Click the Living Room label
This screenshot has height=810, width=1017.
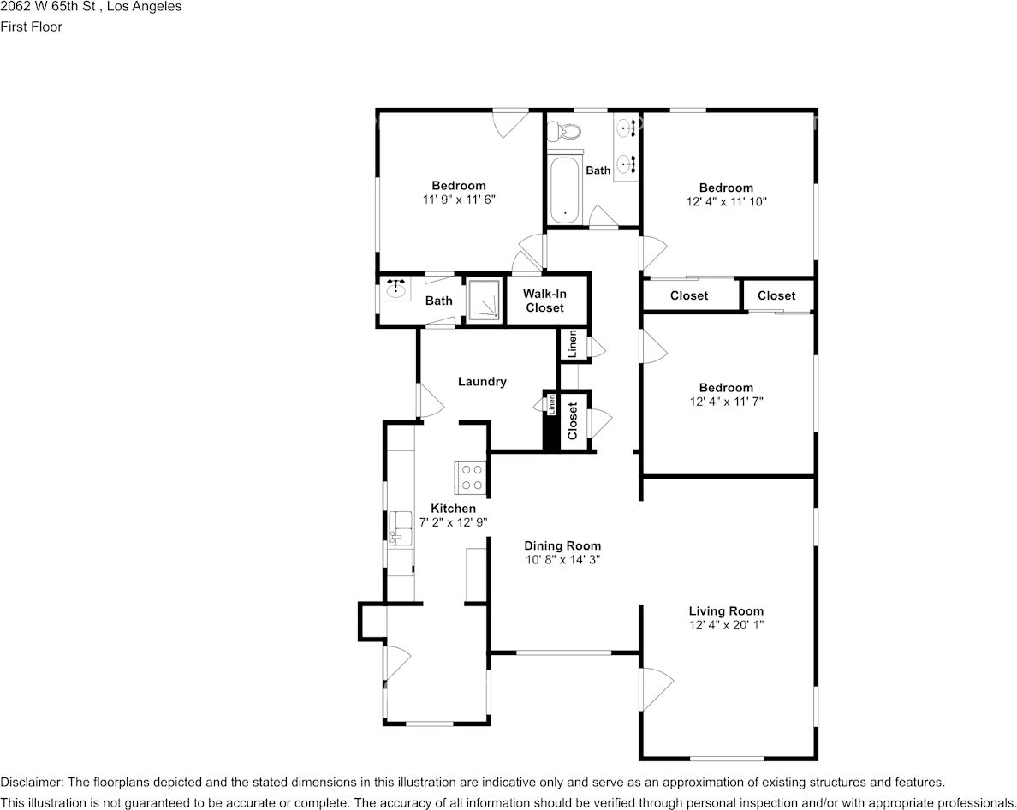coord(726,611)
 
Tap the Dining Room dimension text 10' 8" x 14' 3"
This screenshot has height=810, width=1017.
coord(562,560)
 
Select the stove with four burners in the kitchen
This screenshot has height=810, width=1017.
coord(472,477)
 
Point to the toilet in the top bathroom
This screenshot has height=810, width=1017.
coord(564,132)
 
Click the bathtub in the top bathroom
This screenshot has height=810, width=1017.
coord(564,190)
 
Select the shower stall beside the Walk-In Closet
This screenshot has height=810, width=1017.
coord(484,300)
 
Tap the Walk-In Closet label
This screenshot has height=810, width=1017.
coord(544,301)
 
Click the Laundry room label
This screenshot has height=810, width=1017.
coord(482,382)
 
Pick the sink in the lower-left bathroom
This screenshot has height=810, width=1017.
coord(396,290)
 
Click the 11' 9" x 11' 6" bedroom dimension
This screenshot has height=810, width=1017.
coord(459,199)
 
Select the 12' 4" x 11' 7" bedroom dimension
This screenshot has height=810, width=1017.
coord(726,401)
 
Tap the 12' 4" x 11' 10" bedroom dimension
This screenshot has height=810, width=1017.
coord(726,202)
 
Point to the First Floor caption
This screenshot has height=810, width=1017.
coord(32,27)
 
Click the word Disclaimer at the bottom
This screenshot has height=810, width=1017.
coord(31,782)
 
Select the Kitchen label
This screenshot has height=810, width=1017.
coord(453,509)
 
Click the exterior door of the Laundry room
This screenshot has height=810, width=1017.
coord(428,400)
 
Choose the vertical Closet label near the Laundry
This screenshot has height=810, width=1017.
coord(573,420)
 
